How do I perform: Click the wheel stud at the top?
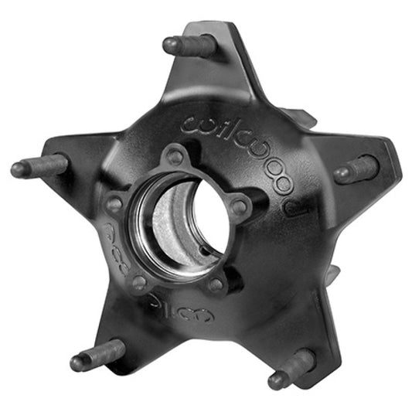pos(189,46)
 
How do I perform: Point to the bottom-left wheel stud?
pos(97,355)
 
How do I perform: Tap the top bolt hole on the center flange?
pos(176,157)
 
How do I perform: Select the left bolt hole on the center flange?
pos(115,205)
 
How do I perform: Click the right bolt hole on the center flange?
pos(240,206)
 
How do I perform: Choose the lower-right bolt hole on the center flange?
pos(217,284)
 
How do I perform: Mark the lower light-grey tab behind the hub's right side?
pos(334,272)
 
